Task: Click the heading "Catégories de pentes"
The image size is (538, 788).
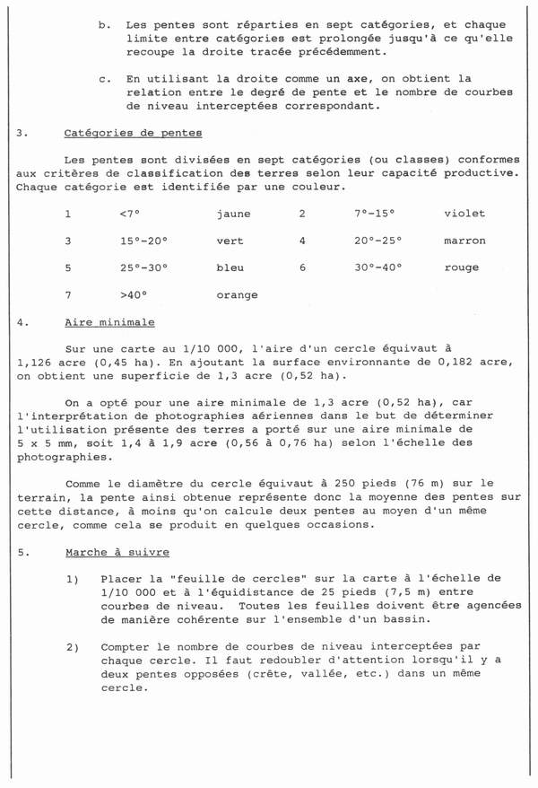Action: tap(134, 134)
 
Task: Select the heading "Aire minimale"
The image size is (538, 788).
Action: tap(109, 322)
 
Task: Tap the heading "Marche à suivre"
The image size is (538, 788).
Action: tap(117, 553)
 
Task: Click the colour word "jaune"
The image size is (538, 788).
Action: tap(234, 214)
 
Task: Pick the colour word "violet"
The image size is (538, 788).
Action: tap(464, 214)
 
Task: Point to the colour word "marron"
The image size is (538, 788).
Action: tap(464, 241)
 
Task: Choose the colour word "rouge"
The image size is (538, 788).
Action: tap(461, 267)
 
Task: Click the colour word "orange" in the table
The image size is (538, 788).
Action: tap(237, 294)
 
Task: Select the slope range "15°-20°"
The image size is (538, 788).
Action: tap(143, 241)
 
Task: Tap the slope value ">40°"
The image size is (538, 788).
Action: tap(132, 294)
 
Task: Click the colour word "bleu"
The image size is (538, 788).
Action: tap(230, 267)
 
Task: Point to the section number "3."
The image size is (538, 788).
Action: tap(22, 134)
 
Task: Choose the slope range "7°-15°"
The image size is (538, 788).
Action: tap(375, 214)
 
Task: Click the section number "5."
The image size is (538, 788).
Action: tap(22, 553)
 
